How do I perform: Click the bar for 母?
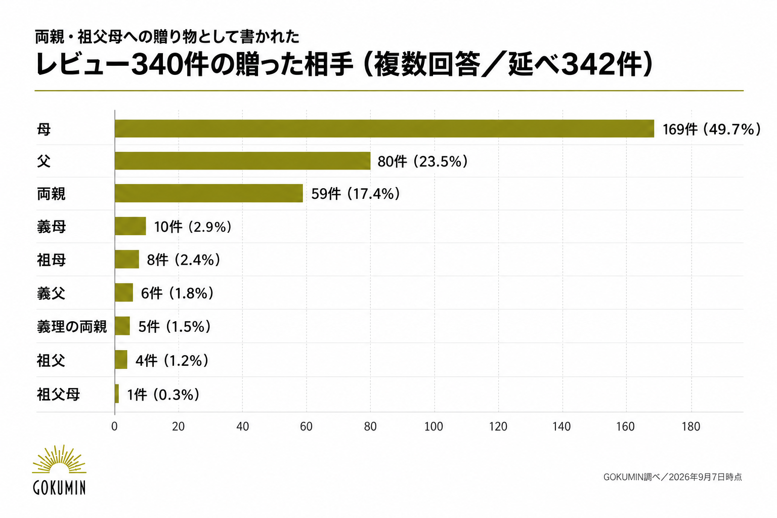click(384, 128)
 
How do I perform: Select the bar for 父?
click(242, 161)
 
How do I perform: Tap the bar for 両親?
click(209, 193)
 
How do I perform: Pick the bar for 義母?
click(131, 226)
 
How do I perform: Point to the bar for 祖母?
click(127, 259)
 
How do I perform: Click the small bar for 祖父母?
click(117, 394)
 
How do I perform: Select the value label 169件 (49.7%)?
click(711, 129)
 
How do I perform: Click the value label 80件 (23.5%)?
click(422, 162)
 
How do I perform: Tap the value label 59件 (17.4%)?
click(356, 194)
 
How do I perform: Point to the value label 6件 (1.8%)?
click(177, 293)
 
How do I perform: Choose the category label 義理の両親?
click(72, 327)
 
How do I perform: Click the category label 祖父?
click(51, 361)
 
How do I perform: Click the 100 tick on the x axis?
click(434, 426)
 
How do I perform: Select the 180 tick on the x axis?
click(691, 426)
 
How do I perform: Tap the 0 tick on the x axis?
click(114, 426)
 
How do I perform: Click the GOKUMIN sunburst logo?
click(59, 469)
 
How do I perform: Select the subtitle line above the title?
click(167, 37)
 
